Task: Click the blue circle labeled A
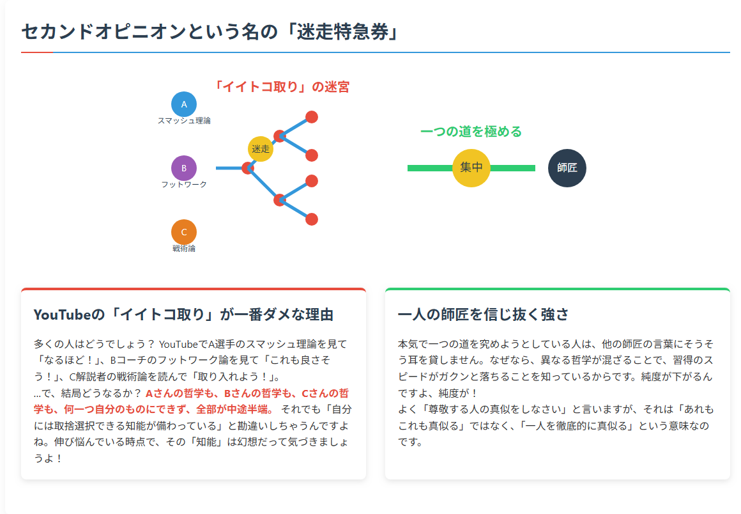pyautogui.click(x=184, y=104)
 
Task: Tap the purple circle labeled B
pyautogui.click(x=184, y=168)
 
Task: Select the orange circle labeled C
pyautogui.click(x=184, y=232)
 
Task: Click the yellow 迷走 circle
pyautogui.click(x=261, y=149)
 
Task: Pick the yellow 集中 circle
pyautogui.click(x=471, y=168)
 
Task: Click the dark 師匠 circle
pyautogui.click(x=567, y=168)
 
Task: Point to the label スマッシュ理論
pyautogui.click(x=184, y=121)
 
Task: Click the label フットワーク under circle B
pyautogui.click(x=184, y=184)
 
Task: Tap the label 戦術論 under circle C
pyautogui.click(x=184, y=248)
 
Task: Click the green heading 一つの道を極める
pyautogui.click(x=471, y=132)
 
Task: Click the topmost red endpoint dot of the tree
pyautogui.click(x=312, y=117)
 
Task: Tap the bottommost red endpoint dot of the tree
pyautogui.click(x=312, y=219)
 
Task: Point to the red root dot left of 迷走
pyautogui.click(x=248, y=168)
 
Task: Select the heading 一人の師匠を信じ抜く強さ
pyautogui.click(x=483, y=315)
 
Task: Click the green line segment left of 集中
pyautogui.click(x=430, y=168)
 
